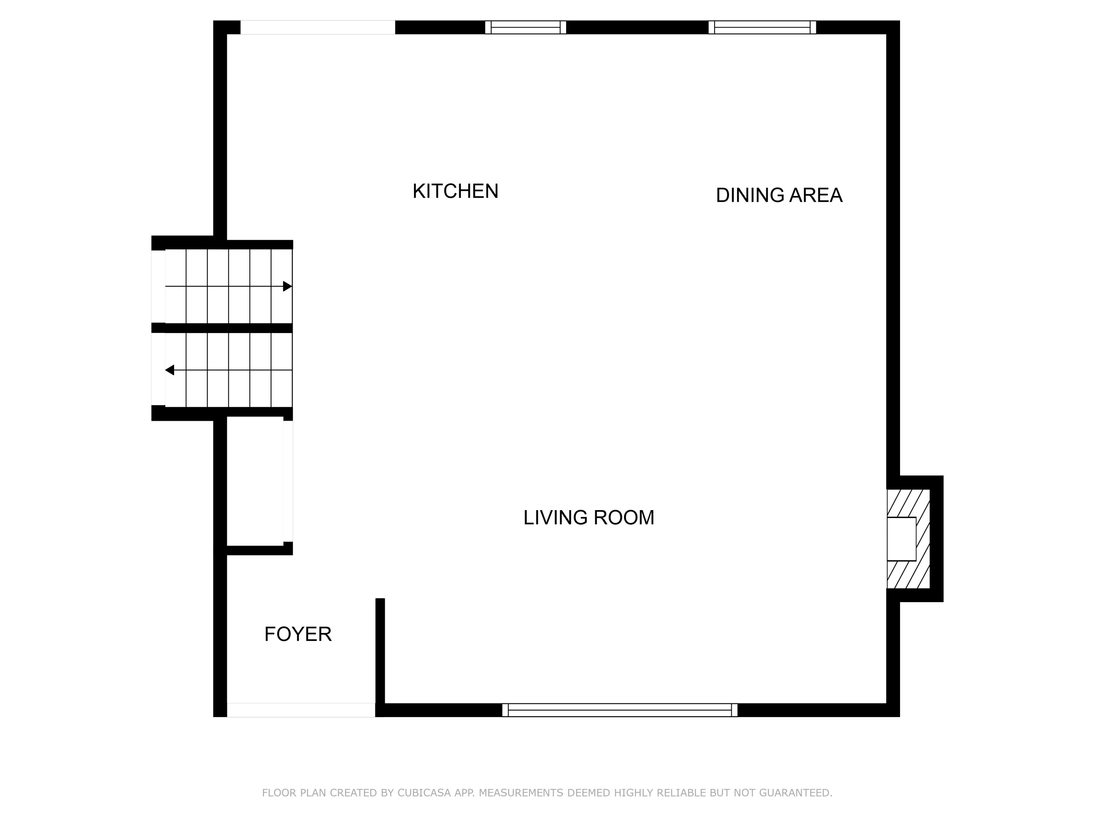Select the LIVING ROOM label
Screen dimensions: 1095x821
[589, 518]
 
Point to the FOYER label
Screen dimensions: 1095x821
[297, 635]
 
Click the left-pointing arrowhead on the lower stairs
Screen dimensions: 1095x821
[170, 370]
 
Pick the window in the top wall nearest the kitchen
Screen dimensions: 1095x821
[525, 27]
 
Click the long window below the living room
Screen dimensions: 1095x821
[620, 710]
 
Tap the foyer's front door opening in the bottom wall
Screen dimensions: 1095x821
[301, 710]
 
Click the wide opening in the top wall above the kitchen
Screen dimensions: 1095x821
[318, 27]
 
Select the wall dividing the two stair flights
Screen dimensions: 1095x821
[222, 328]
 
